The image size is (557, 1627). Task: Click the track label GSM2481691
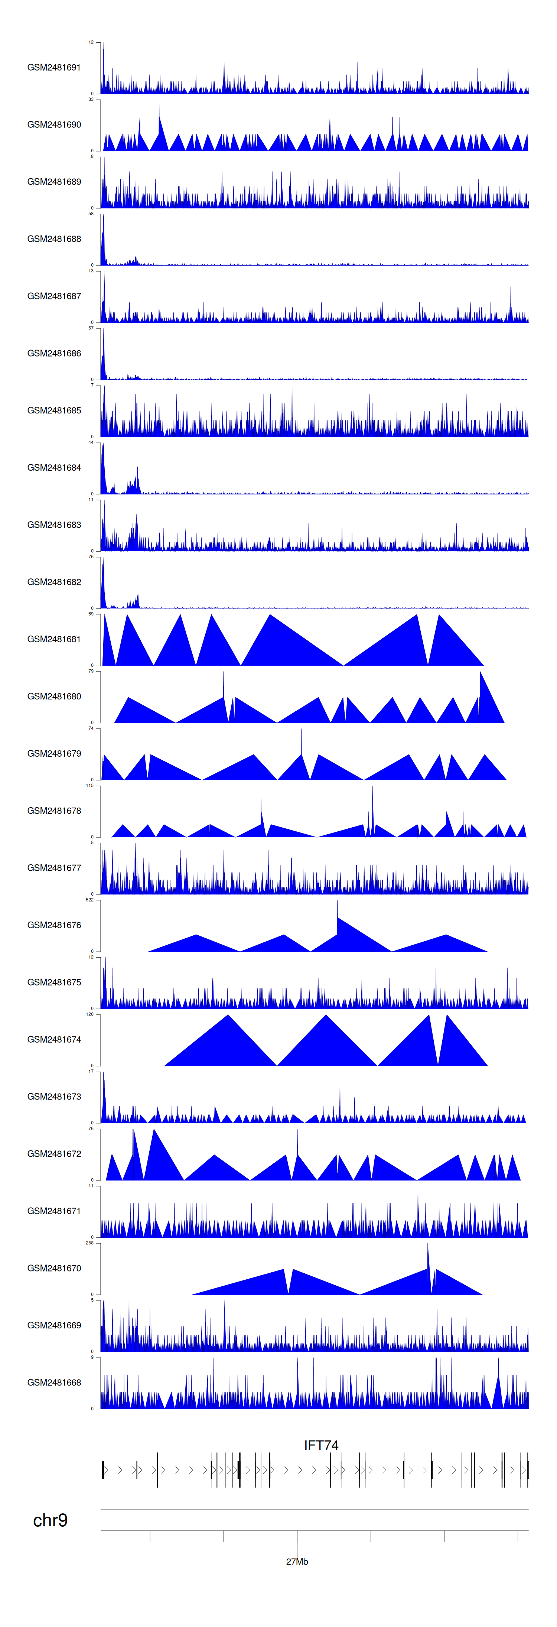point(54,68)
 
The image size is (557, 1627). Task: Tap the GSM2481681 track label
point(54,639)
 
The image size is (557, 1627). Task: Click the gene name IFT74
point(321,1445)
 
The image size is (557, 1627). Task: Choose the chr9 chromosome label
point(50,1520)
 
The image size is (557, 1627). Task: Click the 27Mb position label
point(297,1561)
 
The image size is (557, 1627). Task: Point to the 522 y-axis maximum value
point(89,899)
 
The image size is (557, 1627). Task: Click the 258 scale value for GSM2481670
point(89,1243)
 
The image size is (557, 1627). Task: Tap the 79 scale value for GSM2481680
point(91,671)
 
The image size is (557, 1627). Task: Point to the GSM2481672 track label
point(54,1153)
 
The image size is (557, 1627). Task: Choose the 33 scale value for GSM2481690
point(91,99)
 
